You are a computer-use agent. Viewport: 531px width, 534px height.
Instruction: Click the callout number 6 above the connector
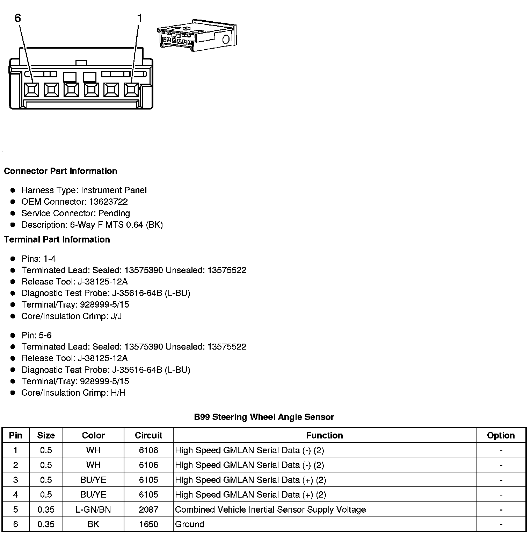coord(18,18)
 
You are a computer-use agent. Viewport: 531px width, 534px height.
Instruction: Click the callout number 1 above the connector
coord(140,18)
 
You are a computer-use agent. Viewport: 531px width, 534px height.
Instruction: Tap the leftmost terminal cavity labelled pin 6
coord(31,90)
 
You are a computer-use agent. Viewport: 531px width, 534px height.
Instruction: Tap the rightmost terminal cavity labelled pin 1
coord(131,90)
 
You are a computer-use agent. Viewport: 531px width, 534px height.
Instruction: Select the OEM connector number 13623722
coord(108,202)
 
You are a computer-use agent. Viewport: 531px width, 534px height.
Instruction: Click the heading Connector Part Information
coord(60,171)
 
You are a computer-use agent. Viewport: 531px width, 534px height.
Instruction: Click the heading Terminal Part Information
coord(57,240)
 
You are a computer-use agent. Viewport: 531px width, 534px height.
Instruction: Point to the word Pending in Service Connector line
coord(114,213)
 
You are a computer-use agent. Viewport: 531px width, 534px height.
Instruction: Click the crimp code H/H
coord(118,393)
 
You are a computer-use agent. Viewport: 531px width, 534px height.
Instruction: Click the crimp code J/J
coord(116,316)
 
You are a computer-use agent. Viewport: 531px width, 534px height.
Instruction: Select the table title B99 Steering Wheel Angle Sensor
coord(264,417)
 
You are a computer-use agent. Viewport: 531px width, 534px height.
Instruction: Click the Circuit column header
coord(148,435)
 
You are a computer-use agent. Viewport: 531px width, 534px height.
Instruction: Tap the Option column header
coord(501,435)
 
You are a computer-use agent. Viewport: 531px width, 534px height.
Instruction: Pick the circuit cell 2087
coord(148,510)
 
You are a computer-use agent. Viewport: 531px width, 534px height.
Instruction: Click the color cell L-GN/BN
coord(93,510)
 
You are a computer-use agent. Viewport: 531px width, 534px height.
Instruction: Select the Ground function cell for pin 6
coord(190,524)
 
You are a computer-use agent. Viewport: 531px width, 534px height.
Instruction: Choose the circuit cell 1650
coord(148,524)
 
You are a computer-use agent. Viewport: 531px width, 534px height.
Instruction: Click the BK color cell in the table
coord(93,524)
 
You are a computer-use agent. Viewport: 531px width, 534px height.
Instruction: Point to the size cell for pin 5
coord(46,510)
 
